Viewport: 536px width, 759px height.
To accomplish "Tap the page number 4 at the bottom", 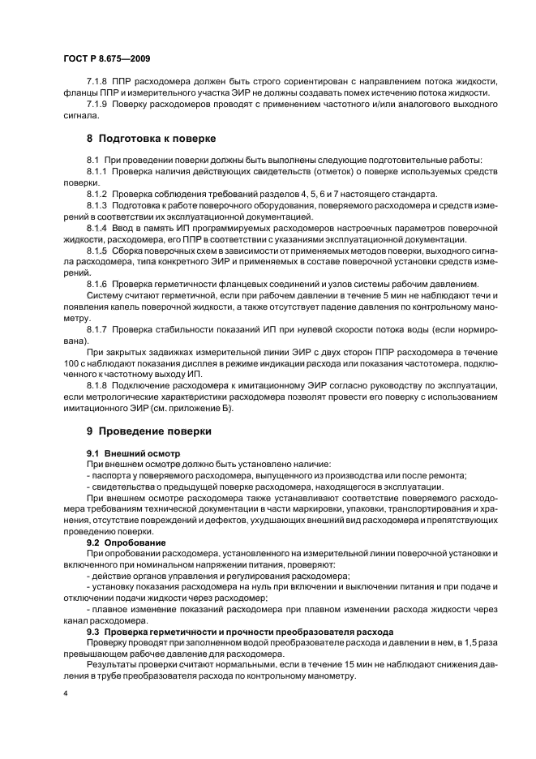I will point(65,695).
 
